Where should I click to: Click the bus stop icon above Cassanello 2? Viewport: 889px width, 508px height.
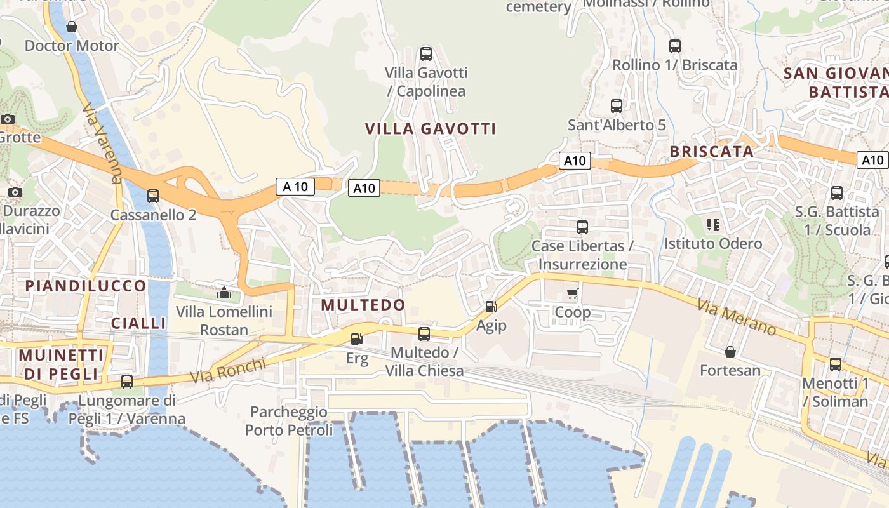pos(152,196)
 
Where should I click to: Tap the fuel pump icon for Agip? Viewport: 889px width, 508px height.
pos(491,307)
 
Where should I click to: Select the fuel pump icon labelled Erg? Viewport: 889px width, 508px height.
pos(357,340)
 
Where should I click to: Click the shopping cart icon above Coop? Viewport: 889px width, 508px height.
pos(573,293)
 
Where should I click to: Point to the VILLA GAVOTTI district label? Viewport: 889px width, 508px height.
pos(431,129)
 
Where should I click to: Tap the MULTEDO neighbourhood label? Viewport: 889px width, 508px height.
pos(363,305)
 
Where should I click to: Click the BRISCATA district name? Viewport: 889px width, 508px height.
pos(712,152)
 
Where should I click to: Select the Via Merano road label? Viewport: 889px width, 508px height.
pos(737,317)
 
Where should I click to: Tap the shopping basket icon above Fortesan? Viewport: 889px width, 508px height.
pos(730,352)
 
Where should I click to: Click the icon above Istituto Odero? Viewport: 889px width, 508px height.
pos(712,225)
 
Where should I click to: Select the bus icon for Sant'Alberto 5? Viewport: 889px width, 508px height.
pos(616,106)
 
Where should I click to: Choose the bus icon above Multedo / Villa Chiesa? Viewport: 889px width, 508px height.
pos(424,333)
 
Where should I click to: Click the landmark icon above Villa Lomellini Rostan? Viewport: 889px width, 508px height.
pos(224,293)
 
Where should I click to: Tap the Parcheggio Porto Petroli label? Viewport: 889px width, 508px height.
pos(289,421)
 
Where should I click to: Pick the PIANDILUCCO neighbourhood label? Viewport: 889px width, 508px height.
pos(86,286)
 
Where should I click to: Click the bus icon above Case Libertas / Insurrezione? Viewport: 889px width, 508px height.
pos(582,227)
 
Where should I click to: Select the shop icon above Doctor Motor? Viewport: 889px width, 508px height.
pos(72,27)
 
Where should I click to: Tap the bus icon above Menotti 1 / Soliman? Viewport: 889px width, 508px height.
pos(836,364)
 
